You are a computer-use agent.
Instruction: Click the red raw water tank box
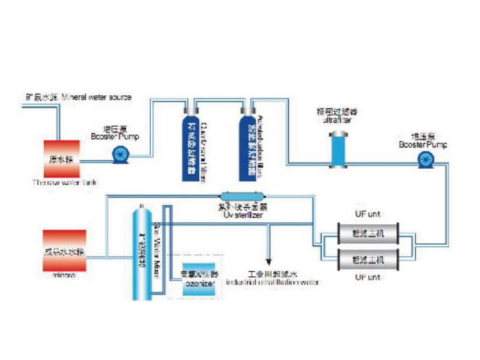(x=63, y=158)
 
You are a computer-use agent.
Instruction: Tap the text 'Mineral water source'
(x=96, y=97)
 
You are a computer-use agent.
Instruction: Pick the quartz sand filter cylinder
(x=193, y=145)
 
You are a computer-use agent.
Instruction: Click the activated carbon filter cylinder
(x=248, y=145)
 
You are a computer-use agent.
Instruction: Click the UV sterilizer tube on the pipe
(x=241, y=197)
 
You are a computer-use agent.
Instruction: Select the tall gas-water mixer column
(x=141, y=254)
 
